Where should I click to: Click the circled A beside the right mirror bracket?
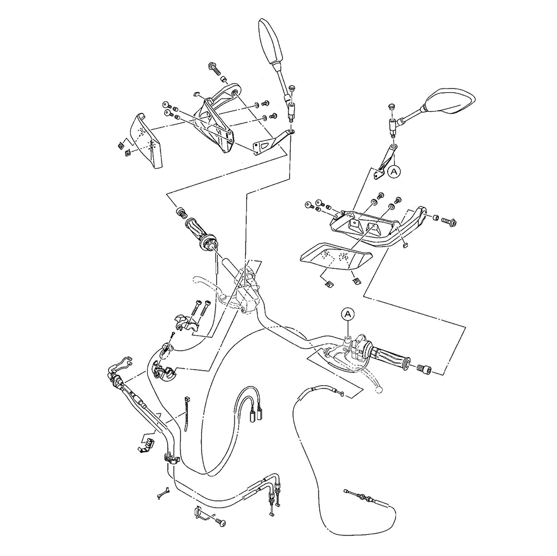(394, 173)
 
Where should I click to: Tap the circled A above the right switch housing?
(348, 314)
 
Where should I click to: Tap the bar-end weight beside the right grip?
(424, 368)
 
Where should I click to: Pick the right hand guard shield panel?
(334, 257)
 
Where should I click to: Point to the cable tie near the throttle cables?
(186, 414)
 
